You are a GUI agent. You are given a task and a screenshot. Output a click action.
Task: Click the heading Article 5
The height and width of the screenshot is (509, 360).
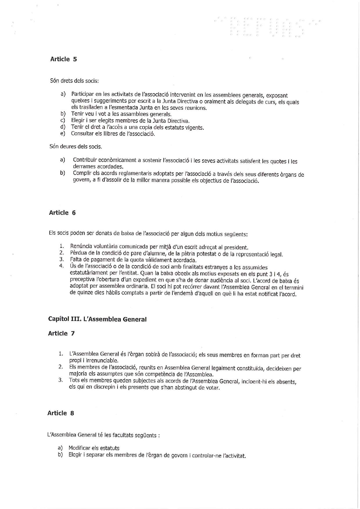click(64, 59)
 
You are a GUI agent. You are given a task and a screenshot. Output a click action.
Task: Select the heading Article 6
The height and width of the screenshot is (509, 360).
click(62, 213)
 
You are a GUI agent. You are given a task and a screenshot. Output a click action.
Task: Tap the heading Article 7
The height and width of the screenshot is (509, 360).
click(62, 333)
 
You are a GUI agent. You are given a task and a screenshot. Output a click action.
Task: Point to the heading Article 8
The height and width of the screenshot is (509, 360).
click(61, 413)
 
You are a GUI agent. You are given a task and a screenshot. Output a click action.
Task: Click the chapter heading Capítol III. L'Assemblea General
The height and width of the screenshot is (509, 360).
click(97, 320)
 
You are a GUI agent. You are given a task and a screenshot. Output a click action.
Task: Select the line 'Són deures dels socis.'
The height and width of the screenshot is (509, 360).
click(76, 147)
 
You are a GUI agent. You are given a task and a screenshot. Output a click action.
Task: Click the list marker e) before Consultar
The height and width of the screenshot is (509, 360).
click(63, 133)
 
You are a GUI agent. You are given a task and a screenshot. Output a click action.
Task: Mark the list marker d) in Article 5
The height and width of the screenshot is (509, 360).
click(63, 127)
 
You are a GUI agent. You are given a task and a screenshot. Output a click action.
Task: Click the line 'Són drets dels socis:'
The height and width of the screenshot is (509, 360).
click(75, 81)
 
